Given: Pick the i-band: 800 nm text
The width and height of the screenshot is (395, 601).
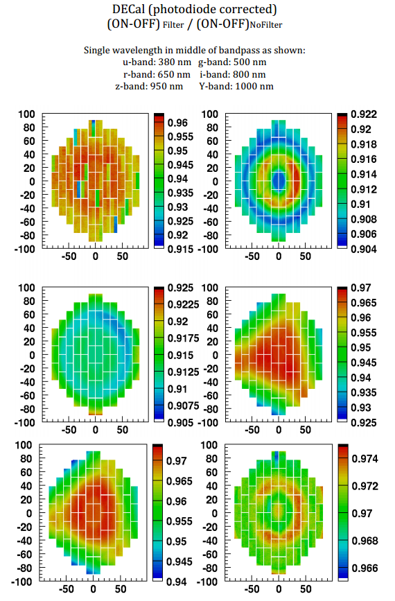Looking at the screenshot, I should tap(232, 74).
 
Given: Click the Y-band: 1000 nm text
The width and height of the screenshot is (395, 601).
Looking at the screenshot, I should tap(236, 86).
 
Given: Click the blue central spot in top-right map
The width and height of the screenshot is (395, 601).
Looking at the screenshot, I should tap(279, 181).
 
